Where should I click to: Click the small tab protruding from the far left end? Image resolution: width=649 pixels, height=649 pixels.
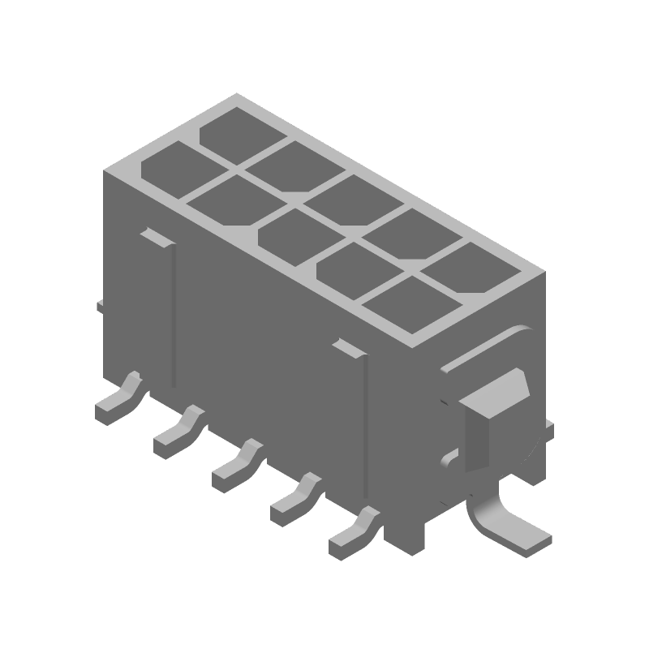tap(101, 306)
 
